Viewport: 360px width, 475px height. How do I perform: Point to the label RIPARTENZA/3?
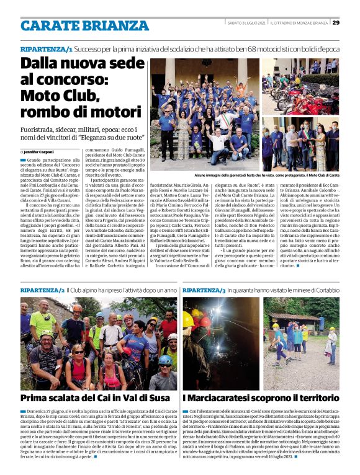[x=204, y=290]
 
